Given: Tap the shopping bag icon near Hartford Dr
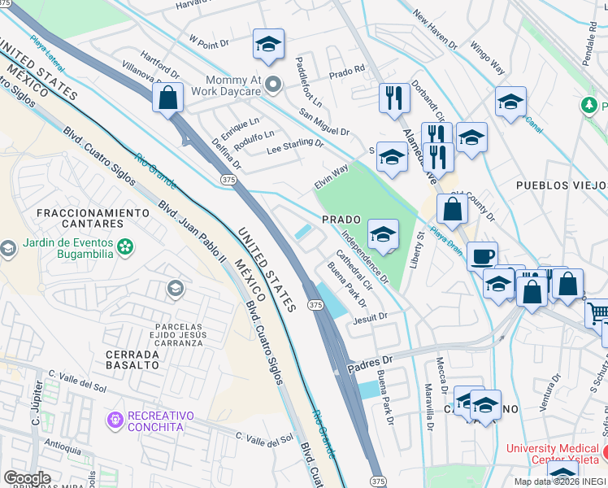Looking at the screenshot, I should tap(167, 98).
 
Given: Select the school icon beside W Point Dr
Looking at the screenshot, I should tap(268, 46).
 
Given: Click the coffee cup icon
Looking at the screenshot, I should tap(483, 255).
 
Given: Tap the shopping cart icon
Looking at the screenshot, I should tap(597, 312).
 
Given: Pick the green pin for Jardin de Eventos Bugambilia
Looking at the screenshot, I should tap(125, 246).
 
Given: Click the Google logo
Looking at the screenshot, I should tap(27, 478).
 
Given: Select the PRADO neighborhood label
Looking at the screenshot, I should tap(341, 220).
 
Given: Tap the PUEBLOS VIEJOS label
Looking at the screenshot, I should tap(562, 185).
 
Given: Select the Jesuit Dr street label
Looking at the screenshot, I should tap(370, 317).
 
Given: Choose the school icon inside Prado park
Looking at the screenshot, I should tap(383, 235).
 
